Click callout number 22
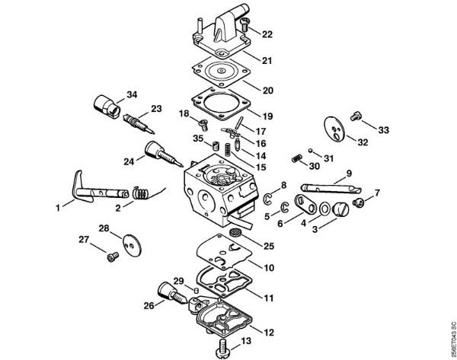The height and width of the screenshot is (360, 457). coord(267,34)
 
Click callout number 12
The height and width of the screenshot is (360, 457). coord(268,332)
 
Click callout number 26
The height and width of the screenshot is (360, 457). coord(149,304)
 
